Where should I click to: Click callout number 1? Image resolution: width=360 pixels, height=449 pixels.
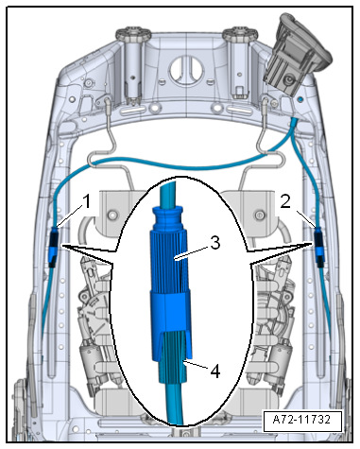pyautogui.click(x=86, y=201)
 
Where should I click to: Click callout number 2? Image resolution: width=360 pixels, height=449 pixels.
pyautogui.click(x=285, y=201)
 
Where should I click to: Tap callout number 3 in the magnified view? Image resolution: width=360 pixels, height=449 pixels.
pyautogui.click(x=215, y=243)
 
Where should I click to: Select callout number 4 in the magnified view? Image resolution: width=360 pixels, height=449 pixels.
pyautogui.click(x=215, y=371)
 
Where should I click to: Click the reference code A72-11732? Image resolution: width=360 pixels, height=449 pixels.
pyautogui.click(x=301, y=420)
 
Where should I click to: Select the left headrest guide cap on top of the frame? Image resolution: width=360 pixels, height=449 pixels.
pyautogui.click(x=134, y=34)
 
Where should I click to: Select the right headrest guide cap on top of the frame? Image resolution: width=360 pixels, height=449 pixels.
pyautogui.click(x=239, y=34)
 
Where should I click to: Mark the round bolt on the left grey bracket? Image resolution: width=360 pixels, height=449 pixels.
pyautogui.click(x=111, y=216)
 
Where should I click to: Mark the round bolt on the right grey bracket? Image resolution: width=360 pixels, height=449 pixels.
pyautogui.click(x=259, y=216)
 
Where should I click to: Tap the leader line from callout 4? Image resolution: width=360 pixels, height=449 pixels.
pyautogui.click(x=197, y=364)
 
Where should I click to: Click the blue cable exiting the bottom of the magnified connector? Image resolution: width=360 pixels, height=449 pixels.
pyautogui.click(x=175, y=404)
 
